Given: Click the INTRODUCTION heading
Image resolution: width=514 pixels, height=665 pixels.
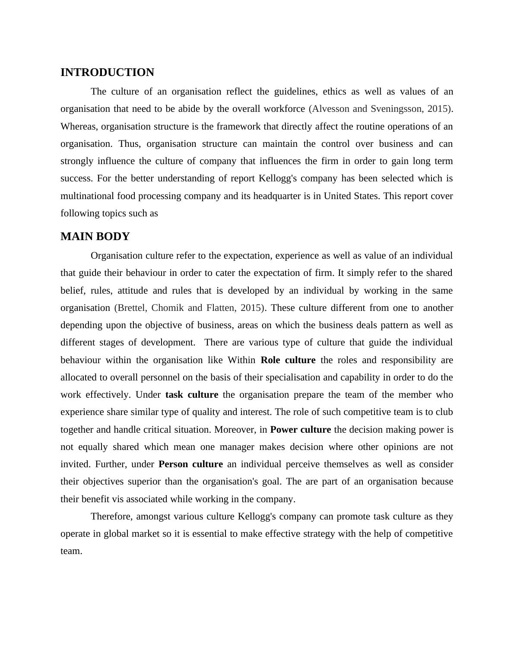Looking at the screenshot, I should coord(107,73).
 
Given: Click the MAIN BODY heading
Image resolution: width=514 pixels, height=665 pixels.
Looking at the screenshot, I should coord(95,237).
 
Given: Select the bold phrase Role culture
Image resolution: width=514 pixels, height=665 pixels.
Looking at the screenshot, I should coord(288,360).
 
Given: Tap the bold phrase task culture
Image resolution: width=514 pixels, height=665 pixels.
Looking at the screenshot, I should coord(191,395).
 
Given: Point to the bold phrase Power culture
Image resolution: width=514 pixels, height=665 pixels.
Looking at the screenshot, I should coord(300,430).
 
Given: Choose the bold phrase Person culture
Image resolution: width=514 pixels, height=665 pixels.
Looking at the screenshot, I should coord(190,464).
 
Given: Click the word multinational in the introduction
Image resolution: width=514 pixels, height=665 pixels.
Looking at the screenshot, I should coord(88,196).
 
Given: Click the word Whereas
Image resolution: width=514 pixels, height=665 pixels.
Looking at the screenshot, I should coord(79,127).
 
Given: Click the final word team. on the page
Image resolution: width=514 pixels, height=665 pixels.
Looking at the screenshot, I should coord(71,551).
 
